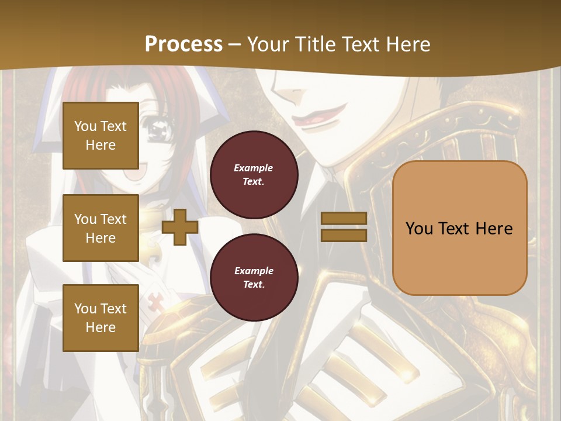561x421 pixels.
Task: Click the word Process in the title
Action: click(x=183, y=44)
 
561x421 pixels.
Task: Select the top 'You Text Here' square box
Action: click(x=101, y=136)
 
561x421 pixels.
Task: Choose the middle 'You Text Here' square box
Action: click(x=101, y=228)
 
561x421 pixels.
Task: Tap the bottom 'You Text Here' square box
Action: click(x=101, y=318)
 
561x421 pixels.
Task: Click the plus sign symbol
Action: click(x=180, y=227)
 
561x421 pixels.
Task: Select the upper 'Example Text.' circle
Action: click(x=254, y=174)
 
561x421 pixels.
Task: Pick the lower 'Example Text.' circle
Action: click(x=254, y=277)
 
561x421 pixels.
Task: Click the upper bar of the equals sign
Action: click(x=344, y=219)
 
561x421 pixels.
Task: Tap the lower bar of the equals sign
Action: click(x=344, y=235)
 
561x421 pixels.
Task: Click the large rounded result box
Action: click(x=459, y=228)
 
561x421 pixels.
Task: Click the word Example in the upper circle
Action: click(x=254, y=168)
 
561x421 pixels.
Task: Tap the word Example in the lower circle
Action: click(x=254, y=271)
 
